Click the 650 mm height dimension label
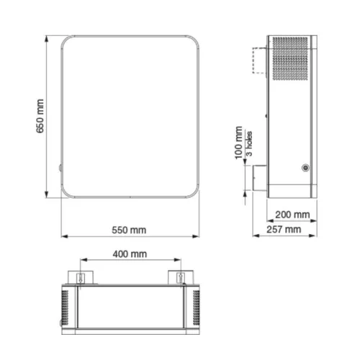coord(40,116)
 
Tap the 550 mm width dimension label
coord(129,230)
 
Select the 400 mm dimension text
coord(130,254)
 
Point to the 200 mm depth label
coord(292,215)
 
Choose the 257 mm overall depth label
coord(284,230)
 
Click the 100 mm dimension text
coord(238,143)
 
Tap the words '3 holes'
coord(249,143)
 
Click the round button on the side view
coord(305,168)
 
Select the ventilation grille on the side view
coord(290,58)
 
